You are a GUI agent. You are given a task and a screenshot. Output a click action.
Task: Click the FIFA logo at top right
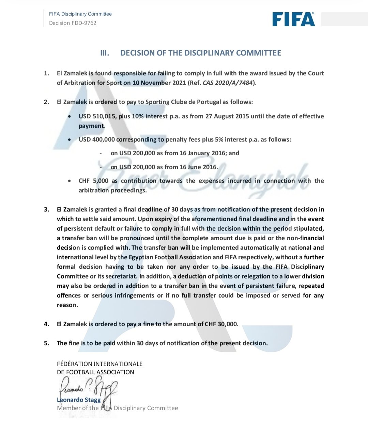coord(293,19)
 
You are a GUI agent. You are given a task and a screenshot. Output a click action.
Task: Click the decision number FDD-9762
coord(83,23)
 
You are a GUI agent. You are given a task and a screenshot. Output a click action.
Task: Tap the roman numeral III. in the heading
coord(105,53)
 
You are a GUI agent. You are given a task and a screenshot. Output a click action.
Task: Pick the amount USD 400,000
coord(97,139)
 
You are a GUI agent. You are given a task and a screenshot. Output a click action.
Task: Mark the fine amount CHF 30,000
coord(221,324)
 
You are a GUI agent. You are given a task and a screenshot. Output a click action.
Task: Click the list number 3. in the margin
coord(46,209)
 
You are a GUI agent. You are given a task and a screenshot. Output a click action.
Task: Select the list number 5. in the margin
coord(46,343)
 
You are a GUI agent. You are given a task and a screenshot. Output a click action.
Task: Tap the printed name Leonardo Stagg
coord(79,400)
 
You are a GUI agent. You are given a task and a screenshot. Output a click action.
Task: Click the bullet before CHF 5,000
coord(70,181)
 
